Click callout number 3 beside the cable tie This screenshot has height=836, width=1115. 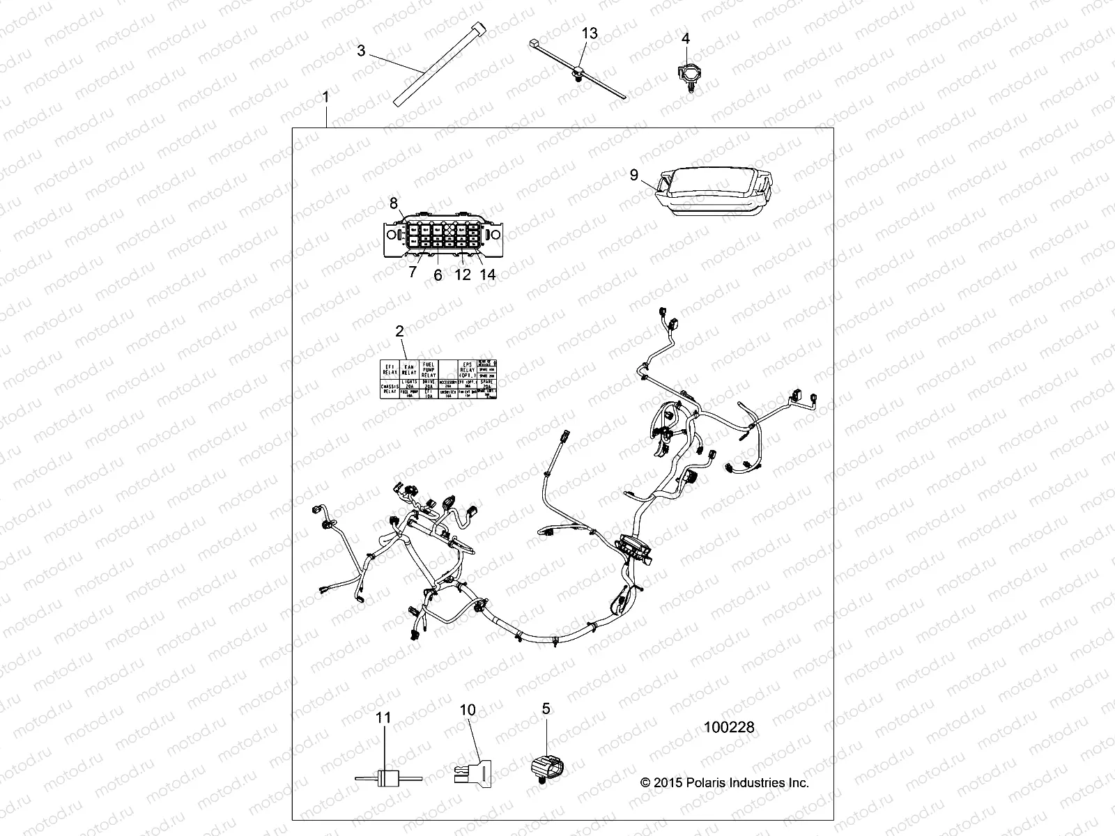pyautogui.click(x=361, y=51)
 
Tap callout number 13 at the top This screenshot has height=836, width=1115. pyautogui.click(x=590, y=33)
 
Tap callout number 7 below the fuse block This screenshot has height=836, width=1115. pyautogui.click(x=413, y=272)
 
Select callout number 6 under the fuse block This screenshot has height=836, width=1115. pyautogui.click(x=438, y=274)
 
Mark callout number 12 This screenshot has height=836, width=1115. pyautogui.click(x=463, y=274)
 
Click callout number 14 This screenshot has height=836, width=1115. pyautogui.click(x=488, y=274)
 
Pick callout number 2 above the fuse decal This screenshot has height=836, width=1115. pyautogui.click(x=400, y=332)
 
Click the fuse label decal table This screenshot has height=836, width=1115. pyautogui.click(x=439, y=380)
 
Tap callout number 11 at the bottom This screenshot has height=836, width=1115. pyautogui.click(x=384, y=718)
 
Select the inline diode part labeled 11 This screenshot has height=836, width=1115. pyautogui.click(x=384, y=778)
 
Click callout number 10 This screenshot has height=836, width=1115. pyautogui.click(x=468, y=710)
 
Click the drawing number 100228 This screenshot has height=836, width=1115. pyautogui.click(x=729, y=727)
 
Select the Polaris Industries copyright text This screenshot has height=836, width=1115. pyautogui.click(x=725, y=783)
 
